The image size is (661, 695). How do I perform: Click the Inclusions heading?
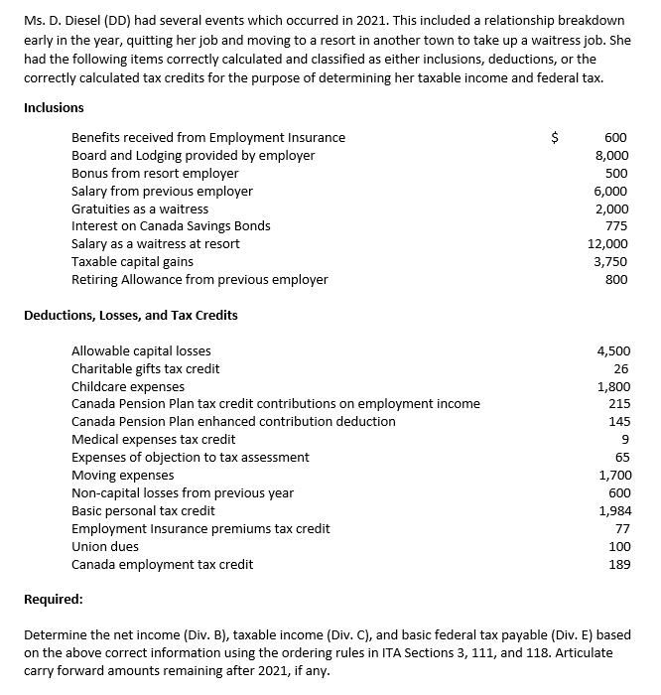coord(54,107)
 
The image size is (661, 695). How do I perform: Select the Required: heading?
coord(54,600)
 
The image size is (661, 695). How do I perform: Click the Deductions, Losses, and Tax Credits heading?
coord(130,315)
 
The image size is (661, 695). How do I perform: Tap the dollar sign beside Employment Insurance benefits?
coord(556,138)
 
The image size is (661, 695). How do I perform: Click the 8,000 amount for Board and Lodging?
coord(611,156)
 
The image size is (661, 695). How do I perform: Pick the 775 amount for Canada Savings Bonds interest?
coord(615,226)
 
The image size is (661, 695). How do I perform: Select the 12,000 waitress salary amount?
coord(608,244)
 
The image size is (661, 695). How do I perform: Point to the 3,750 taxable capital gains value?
coord(611,262)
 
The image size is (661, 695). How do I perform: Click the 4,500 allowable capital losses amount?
coord(612,351)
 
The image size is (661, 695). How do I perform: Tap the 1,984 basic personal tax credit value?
coord(612,511)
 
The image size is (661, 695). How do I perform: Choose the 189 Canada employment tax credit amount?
coord(618,565)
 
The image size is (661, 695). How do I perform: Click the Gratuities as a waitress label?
coord(140,209)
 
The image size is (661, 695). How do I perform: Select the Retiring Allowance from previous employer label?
coord(199,280)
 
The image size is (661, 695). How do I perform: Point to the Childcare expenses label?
coord(128,386)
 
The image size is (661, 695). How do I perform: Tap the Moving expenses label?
coord(123,476)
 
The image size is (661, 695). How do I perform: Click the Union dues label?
coord(105,547)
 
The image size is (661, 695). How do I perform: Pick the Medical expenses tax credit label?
coord(154,440)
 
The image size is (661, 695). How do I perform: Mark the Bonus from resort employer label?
coord(155,174)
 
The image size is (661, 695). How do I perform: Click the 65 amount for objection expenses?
coord(622,458)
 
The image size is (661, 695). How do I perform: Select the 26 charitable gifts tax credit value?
coord(622,369)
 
